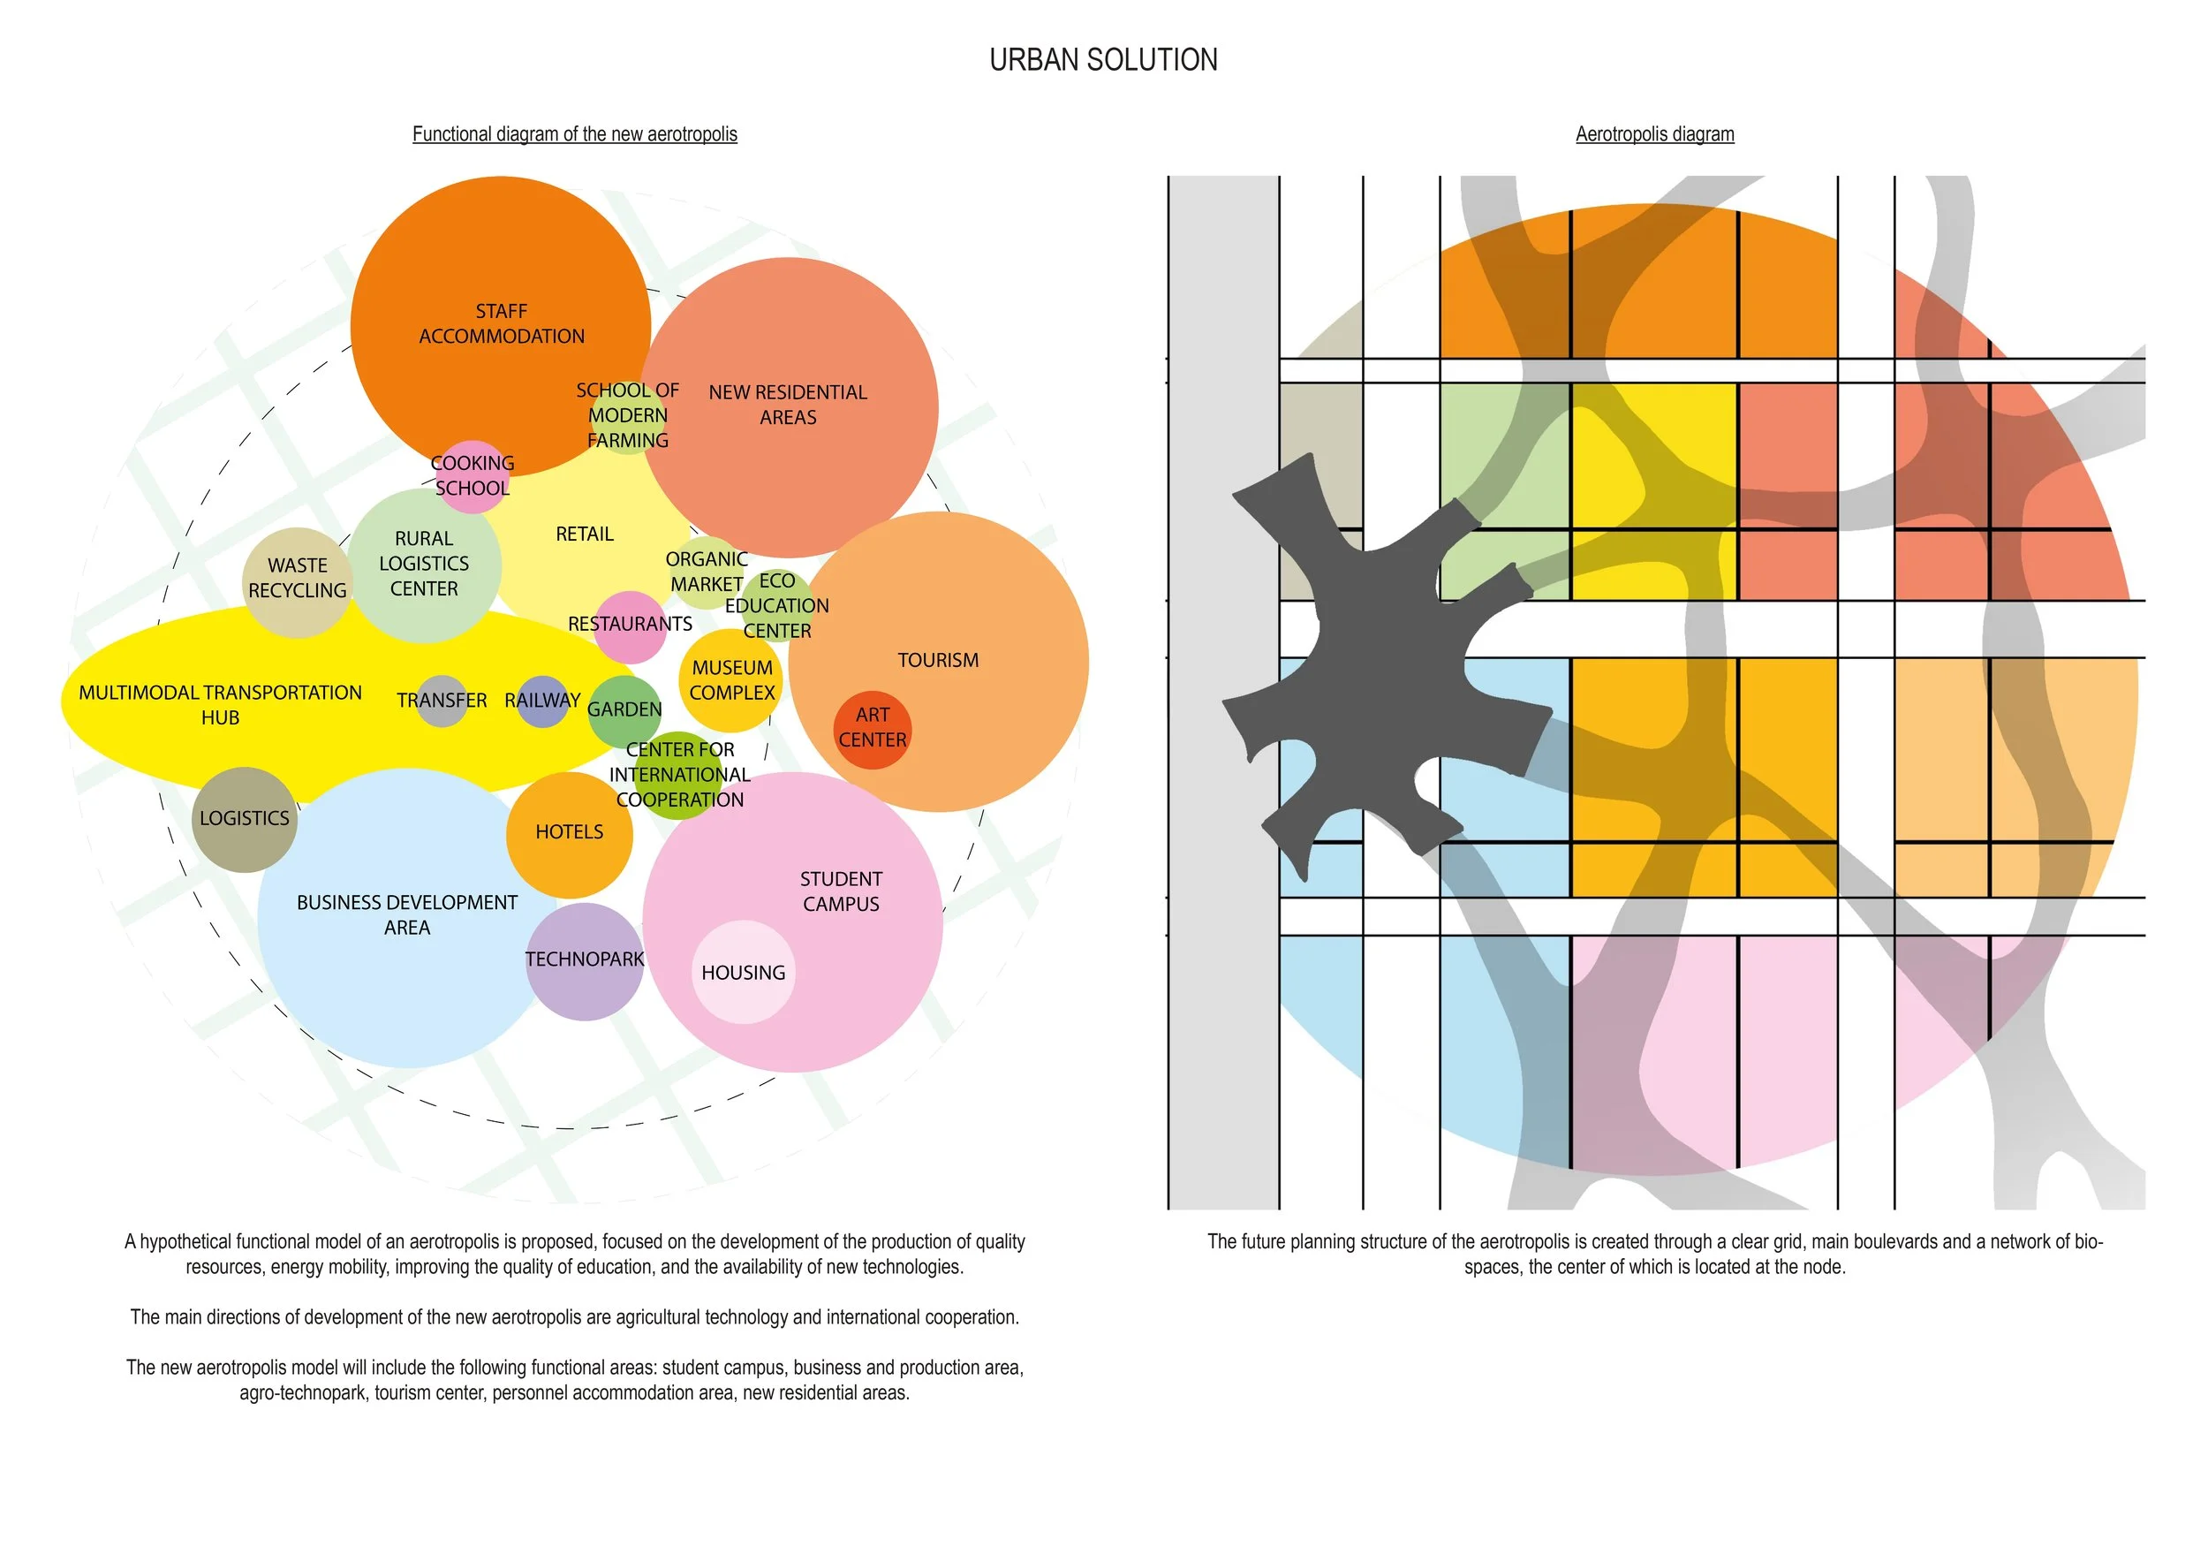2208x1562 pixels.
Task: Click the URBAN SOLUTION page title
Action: click(x=1103, y=59)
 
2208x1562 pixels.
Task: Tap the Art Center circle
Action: click(x=871, y=729)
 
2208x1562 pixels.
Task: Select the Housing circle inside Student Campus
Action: click(x=744, y=973)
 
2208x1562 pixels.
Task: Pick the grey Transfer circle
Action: click(x=442, y=701)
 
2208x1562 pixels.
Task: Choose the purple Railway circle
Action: click(x=542, y=701)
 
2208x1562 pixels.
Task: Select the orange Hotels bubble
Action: click(x=570, y=834)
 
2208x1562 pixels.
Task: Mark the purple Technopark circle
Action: click(x=585, y=961)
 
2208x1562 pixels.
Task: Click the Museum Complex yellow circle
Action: click(x=731, y=680)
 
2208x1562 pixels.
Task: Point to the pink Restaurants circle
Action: click(x=630, y=626)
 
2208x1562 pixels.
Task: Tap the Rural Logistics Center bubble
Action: click(x=424, y=565)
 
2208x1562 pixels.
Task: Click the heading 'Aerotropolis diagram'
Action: click(x=1654, y=134)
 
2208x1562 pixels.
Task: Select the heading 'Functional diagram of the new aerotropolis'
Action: click(x=574, y=134)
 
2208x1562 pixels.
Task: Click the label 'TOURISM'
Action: click(x=938, y=661)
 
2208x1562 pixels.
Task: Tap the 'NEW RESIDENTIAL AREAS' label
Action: click(x=788, y=405)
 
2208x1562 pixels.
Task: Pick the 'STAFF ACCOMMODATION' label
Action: click(x=501, y=324)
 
